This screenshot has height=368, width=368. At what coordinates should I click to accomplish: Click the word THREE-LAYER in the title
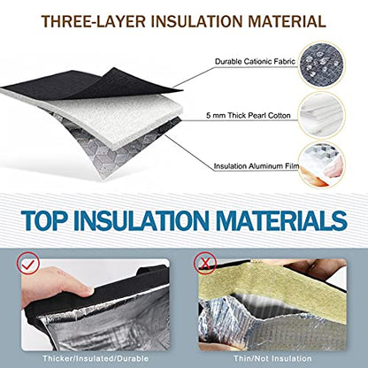point(94,21)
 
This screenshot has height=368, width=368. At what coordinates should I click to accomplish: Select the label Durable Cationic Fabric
point(255,62)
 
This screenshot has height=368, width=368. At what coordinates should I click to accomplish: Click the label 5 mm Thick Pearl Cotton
point(249,115)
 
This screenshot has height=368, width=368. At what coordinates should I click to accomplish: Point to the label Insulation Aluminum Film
point(257,166)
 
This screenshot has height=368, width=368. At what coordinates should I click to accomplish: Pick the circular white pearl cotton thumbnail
point(322,115)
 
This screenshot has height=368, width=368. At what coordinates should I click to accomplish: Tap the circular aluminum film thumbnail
point(322,165)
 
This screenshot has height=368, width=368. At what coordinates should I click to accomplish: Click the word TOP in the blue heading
point(44,220)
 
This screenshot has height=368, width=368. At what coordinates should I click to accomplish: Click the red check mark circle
point(28,264)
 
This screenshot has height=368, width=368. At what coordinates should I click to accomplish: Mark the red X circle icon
point(205,263)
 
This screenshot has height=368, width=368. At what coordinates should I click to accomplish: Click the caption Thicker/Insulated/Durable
point(96,358)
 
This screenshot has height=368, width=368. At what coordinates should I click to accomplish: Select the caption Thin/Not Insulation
point(272,358)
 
